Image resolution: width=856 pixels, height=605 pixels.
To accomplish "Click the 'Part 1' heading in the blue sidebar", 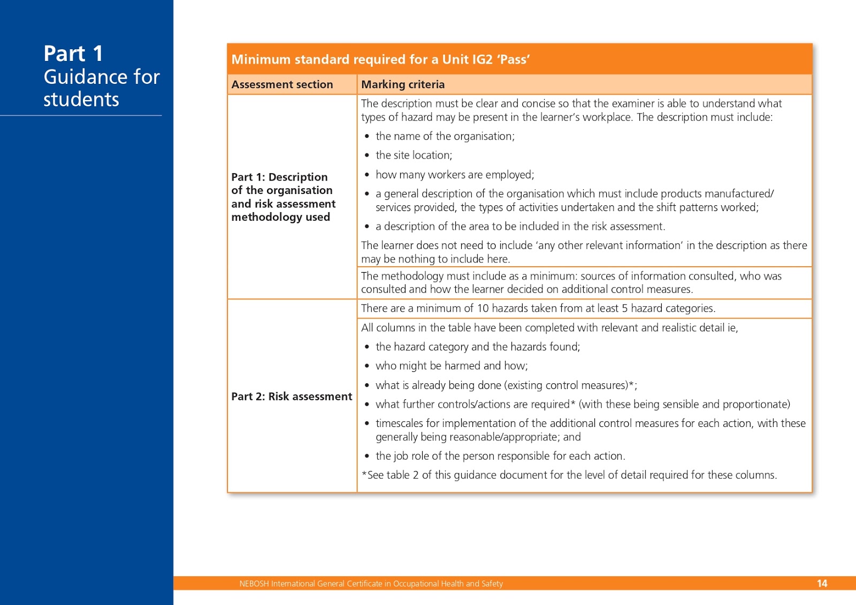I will click(73, 53).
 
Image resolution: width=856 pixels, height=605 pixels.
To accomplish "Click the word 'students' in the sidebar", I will click(81, 99).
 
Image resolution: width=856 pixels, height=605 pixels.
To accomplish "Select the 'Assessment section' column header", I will click(282, 84).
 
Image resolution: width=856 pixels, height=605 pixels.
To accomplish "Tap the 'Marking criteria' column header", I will click(403, 84).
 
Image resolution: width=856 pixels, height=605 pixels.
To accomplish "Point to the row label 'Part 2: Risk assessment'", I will click(292, 397).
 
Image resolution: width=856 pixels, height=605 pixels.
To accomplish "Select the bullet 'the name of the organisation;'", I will click(445, 136).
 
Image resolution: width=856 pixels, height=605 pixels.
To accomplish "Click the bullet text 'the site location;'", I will click(414, 156).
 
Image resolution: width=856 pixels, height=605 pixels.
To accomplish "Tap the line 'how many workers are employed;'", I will click(455, 175).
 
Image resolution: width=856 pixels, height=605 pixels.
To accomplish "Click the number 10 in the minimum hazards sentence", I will click(483, 308).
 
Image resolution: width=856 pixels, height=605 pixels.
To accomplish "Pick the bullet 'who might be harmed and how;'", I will click(452, 366).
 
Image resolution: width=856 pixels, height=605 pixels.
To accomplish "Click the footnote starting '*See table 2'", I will click(569, 475).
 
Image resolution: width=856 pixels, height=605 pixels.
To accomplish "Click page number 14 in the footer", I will click(822, 584).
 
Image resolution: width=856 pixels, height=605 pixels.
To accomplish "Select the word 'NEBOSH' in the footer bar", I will click(254, 584).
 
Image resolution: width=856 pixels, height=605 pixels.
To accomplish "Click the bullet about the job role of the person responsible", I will click(500, 456).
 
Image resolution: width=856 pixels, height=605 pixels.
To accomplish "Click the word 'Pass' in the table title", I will click(514, 59).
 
